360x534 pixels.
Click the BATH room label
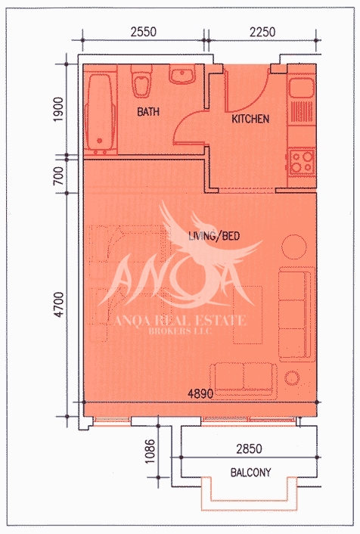pos(148,112)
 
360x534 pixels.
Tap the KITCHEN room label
pos(250,119)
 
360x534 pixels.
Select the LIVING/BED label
pos(214,236)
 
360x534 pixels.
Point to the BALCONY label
pos(250,473)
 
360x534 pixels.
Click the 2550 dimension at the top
pos(144,32)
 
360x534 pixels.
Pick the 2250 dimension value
pos(262,32)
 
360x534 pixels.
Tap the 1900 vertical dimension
pos(58,110)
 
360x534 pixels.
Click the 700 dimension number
pos(58,175)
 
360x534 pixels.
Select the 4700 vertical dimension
pos(58,305)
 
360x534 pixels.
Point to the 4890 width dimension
pos(200,394)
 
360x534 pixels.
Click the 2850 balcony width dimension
pos(249,449)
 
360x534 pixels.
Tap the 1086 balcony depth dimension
pos(150,452)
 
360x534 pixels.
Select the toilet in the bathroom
pos(141,81)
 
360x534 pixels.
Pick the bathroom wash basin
pos(182,75)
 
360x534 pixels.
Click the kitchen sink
pos(302,88)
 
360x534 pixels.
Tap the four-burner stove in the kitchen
pos(302,162)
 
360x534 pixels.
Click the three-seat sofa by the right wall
pos(296,314)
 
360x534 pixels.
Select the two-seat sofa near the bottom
pos(244,380)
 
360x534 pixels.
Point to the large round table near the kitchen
pos(294,247)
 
